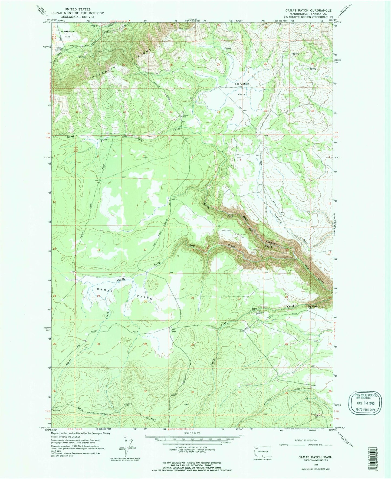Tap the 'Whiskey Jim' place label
click(x=67, y=31)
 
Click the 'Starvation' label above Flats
click(x=242, y=84)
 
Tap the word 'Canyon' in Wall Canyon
click(x=272, y=243)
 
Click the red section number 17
click(x=145, y=250)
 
